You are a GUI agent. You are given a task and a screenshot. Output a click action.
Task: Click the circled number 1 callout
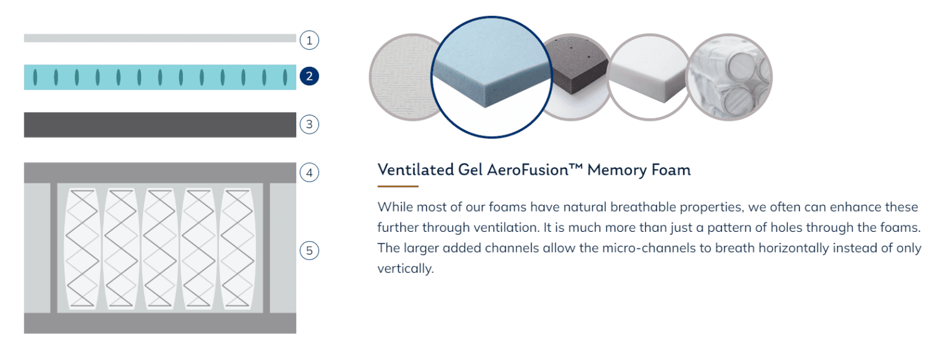[x=309, y=40]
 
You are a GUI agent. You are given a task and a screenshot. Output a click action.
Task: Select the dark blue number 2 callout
[x=309, y=76]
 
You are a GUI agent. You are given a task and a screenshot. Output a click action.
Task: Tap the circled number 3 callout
[x=309, y=124]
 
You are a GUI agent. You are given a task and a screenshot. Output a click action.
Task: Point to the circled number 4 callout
[x=309, y=172]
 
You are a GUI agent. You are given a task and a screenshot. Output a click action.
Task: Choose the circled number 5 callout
[x=309, y=251]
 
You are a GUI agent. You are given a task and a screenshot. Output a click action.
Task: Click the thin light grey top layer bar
[x=160, y=38]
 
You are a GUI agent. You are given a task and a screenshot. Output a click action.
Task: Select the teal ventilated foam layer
[x=160, y=77]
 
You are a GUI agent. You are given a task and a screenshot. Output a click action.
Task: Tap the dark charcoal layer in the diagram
[x=160, y=125]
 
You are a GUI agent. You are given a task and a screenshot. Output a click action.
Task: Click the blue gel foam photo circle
[x=492, y=77]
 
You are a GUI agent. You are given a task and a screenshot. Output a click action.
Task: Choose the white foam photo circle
[x=649, y=77]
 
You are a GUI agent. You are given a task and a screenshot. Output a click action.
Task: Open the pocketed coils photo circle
[x=730, y=77]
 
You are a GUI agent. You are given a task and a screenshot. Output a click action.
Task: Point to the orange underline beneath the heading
[x=398, y=186]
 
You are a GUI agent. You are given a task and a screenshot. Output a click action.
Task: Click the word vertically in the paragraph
[x=405, y=269]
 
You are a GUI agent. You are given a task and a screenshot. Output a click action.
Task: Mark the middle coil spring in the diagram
[x=160, y=248]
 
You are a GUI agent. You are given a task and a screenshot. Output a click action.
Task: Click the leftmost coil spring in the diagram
[x=82, y=248]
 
